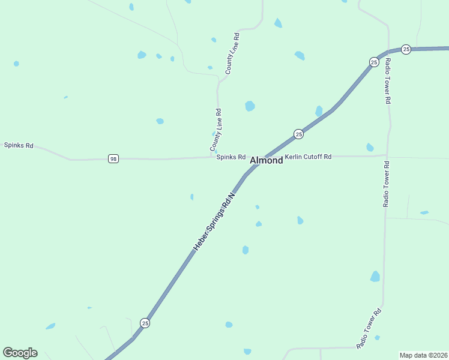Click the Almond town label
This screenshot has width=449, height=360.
(266, 160)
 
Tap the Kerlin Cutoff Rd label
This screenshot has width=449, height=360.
(308, 157)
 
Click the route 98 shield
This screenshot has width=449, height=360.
(113, 159)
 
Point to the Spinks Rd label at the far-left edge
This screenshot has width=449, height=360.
(19, 145)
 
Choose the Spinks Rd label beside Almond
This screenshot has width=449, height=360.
(231, 157)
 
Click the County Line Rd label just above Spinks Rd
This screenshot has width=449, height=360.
(216, 130)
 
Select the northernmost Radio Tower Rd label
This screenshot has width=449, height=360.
(388, 80)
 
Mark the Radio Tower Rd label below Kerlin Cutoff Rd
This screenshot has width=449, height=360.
(387, 184)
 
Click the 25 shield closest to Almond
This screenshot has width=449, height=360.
(298, 134)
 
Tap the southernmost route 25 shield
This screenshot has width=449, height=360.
(145, 323)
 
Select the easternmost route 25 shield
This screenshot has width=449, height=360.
(406, 49)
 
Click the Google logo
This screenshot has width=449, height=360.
(20, 353)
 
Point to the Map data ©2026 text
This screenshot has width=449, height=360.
(423, 355)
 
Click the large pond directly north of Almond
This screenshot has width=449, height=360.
(250, 106)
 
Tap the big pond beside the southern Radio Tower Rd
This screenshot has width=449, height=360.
(375, 277)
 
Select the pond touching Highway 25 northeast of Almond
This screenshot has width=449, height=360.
(319, 111)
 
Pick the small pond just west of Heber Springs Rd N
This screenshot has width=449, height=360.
(192, 197)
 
